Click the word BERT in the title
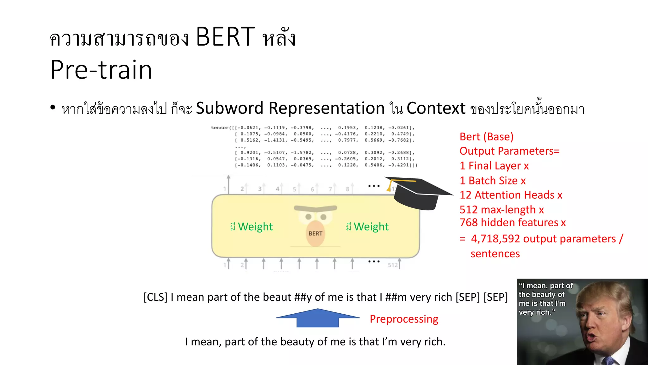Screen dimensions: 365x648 [x=225, y=37]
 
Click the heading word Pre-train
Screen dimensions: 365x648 [x=101, y=70]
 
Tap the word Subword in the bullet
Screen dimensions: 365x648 [x=229, y=108]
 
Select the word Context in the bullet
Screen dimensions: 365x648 [x=436, y=108]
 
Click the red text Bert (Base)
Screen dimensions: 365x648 [x=486, y=137]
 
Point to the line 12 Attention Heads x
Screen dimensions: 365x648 [x=511, y=195]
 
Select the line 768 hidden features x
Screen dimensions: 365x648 [x=513, y=222]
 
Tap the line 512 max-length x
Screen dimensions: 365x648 [x=502, y=209]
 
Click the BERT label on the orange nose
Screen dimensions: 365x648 [x=315, y=234]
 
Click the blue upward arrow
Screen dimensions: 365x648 [x=318, y=318]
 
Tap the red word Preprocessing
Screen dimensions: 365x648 [x=404, y=319]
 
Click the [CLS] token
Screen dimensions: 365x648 [x=155, y=297]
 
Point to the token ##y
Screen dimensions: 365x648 [x=303, y=297]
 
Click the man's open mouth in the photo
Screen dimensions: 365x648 [x=591, y=337]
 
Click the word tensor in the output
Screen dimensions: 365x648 [x=220, y=128]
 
